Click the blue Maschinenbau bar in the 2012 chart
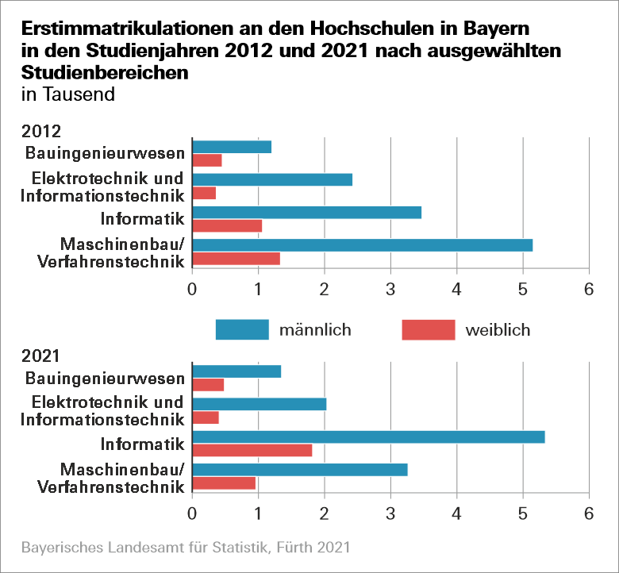click(362, 244)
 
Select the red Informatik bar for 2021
click(252, 450)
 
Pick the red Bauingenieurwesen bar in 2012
click(207, 160)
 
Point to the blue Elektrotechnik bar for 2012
click(272, 179)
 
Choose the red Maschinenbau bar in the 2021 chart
click(224, 483)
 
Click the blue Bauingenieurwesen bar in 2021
click(236, 371)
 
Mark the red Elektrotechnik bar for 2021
click(206, 417)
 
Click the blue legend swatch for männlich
click(242, 329)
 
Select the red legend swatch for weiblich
click(429, 329)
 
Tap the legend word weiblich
click(498, 329)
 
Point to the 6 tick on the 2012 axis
click(588, 290)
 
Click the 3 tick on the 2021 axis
click(390, 513)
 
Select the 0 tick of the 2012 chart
click(192, 290)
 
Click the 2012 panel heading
click(41, 131)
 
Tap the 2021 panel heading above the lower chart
click(41, 356)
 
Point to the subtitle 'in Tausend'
click(68, 94)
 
